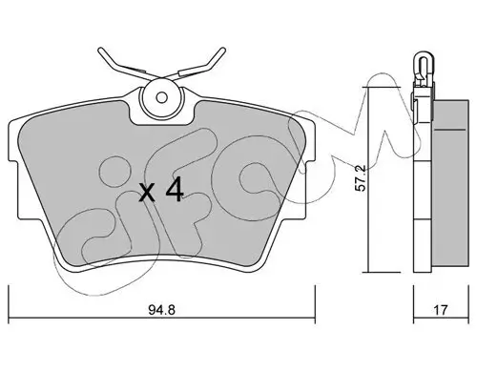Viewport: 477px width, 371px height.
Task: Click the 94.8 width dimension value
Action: (x=161, y=309)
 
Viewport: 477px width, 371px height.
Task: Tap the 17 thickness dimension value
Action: (x=441, y=309)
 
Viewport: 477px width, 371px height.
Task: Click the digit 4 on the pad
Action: (x=175, y=189)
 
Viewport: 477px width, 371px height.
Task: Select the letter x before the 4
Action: (x=147, y=193)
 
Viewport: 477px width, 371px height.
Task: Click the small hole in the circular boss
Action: (x=162, y=97)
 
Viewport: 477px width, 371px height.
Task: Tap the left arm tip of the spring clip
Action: (x=101, y=51)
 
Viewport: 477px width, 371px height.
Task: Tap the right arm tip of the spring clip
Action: (x=222, y=51)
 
